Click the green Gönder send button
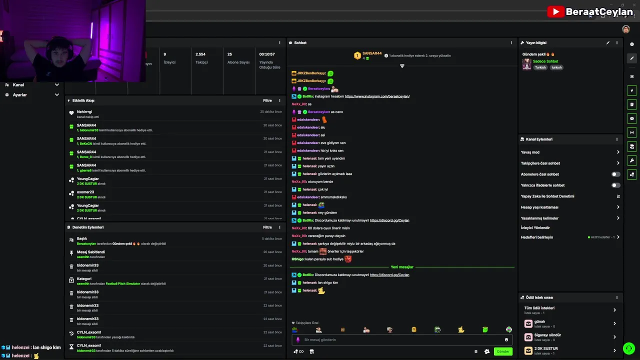point(503,351)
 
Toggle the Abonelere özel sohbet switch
point(615,174)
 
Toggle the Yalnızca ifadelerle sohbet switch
point(615,185)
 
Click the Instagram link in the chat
point(377,96)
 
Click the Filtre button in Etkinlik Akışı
point(267,100)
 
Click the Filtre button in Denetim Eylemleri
point(267,227)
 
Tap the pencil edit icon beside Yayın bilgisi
point(608,43)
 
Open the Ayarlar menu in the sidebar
point(20,94)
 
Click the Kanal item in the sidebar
point(18,84)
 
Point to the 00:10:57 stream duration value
point(267,54)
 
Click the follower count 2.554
point(200,54)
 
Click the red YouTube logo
point(555,11)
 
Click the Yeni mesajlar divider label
point(402,267)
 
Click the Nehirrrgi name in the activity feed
point(84,111)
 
